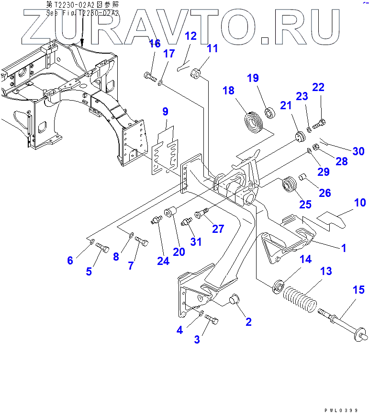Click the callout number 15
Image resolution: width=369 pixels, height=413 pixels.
(x=358, y=290)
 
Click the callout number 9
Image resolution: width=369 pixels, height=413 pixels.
(x=165, y=112)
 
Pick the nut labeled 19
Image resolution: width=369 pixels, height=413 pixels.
(x=269, y=114)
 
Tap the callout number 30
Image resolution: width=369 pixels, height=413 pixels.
(x=358, y=151)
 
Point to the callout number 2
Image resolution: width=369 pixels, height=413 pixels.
(x=248, y=321)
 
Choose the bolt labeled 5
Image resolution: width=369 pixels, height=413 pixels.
(x=103, y=247)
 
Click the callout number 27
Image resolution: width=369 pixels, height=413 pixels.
(x=218, y=229)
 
